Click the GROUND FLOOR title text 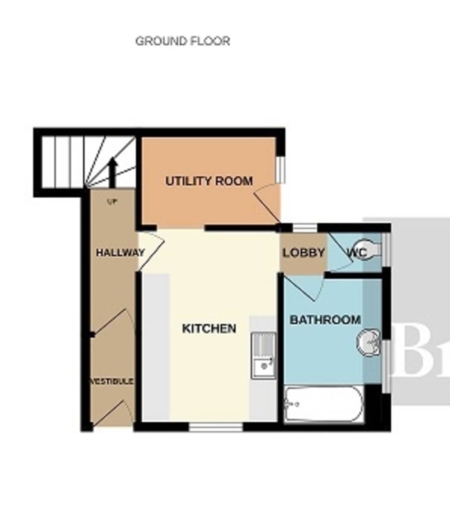pos(183,41)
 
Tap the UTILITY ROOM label pos(209,181)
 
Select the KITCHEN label pos(209,329)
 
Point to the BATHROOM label pos(325,320)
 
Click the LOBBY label pos(303,253)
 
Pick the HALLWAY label pos(120,253)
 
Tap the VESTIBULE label pos(112,382)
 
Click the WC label pos(357,253)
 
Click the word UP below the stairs pos(112,201)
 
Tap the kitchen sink pos(264,356)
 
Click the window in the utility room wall pos(281,169)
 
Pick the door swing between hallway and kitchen pos(151,252)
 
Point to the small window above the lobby pos(305,227)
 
